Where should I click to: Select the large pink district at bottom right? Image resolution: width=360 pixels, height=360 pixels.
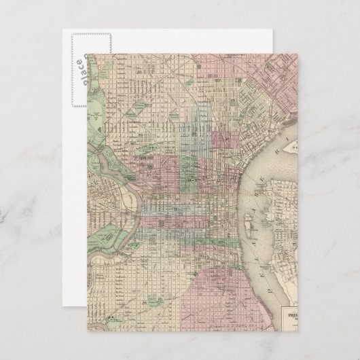pyautogui.click(x=224, y=285)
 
